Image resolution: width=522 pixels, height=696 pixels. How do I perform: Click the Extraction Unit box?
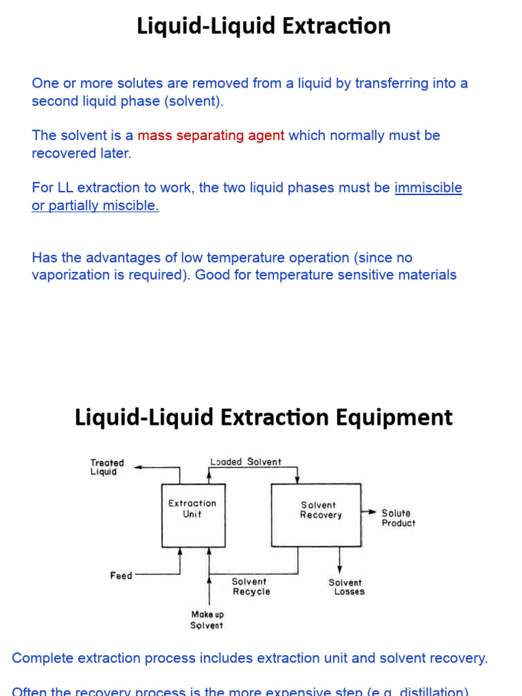192,515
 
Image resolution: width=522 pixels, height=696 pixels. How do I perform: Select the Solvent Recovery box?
316,515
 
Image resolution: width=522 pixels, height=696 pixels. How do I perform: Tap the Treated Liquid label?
107,467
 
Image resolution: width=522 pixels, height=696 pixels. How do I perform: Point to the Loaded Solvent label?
245,462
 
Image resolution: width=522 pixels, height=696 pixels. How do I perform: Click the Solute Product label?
398,518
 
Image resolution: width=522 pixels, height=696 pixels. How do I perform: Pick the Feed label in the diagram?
121,576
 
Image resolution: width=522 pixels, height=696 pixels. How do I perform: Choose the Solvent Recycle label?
250,587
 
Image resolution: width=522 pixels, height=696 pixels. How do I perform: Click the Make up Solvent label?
207,620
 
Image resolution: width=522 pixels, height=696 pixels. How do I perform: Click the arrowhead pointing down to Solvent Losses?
339,568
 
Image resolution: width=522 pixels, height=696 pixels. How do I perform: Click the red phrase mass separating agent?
211,135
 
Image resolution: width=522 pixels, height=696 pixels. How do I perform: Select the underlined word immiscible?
428,188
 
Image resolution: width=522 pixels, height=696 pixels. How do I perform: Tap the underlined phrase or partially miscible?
95,206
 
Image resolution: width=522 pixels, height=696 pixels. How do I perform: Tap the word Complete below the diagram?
43,658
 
